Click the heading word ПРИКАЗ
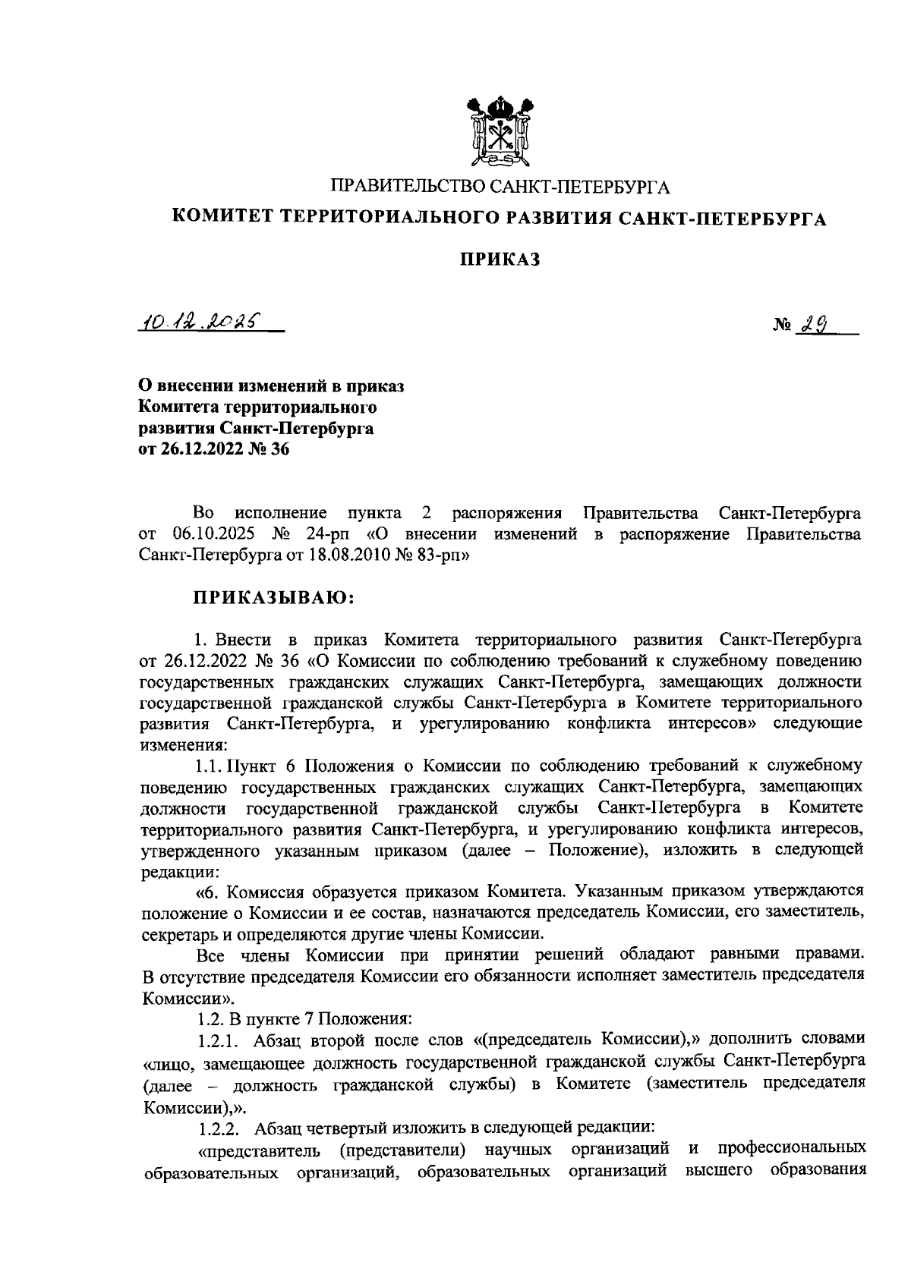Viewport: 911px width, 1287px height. click(501, 260)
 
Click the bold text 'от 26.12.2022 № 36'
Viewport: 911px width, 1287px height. click(215, 449)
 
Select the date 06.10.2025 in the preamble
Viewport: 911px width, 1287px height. click(206, 533)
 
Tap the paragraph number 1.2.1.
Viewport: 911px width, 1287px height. click(220, 1038)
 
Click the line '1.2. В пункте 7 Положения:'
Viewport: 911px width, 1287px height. click(304, 1017)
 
